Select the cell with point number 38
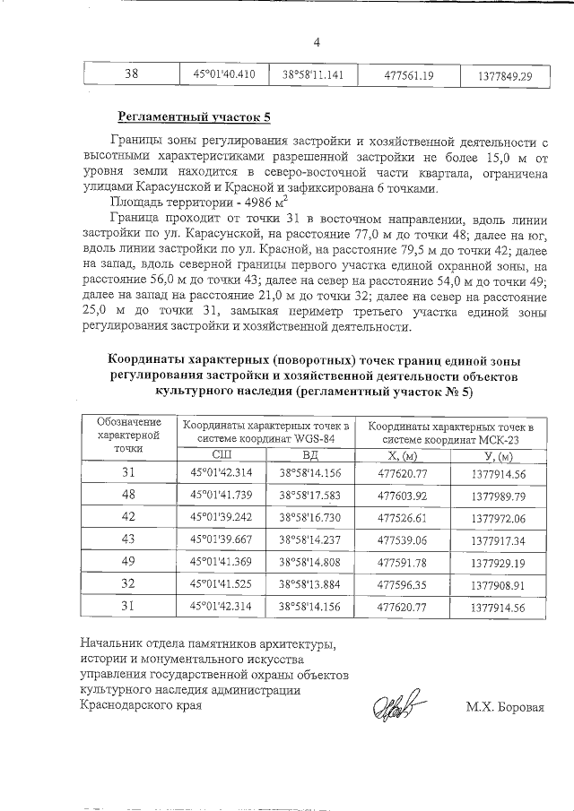tap(130, 75)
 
